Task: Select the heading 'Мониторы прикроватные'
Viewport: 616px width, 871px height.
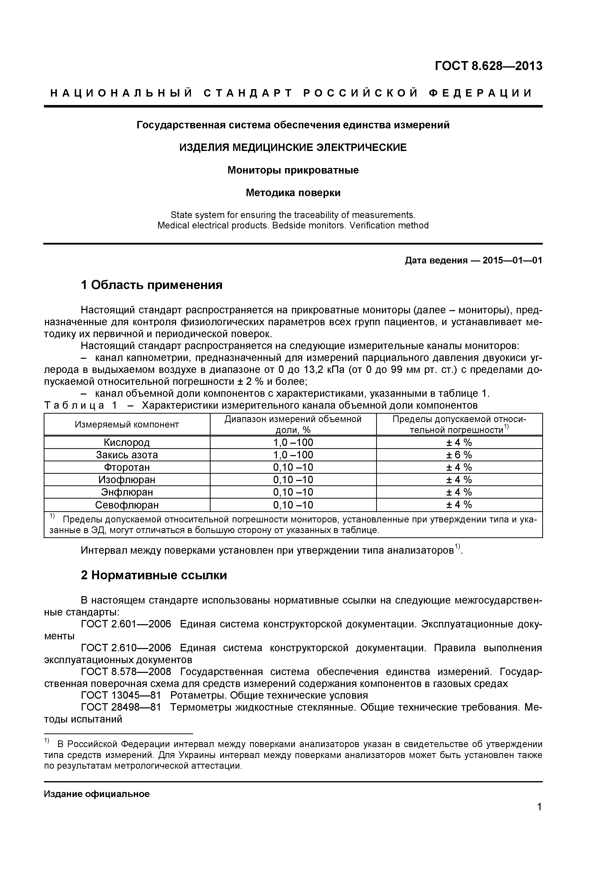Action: coord(293,170)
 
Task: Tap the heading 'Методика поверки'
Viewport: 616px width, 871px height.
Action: coord(293,193)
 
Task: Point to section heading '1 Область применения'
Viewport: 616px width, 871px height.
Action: coord(152,285)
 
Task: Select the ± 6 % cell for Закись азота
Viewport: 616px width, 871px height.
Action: coord(459,455)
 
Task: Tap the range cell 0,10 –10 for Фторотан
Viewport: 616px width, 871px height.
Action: coord(293,467)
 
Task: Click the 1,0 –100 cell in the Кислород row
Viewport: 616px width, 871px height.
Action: coord(293,442)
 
